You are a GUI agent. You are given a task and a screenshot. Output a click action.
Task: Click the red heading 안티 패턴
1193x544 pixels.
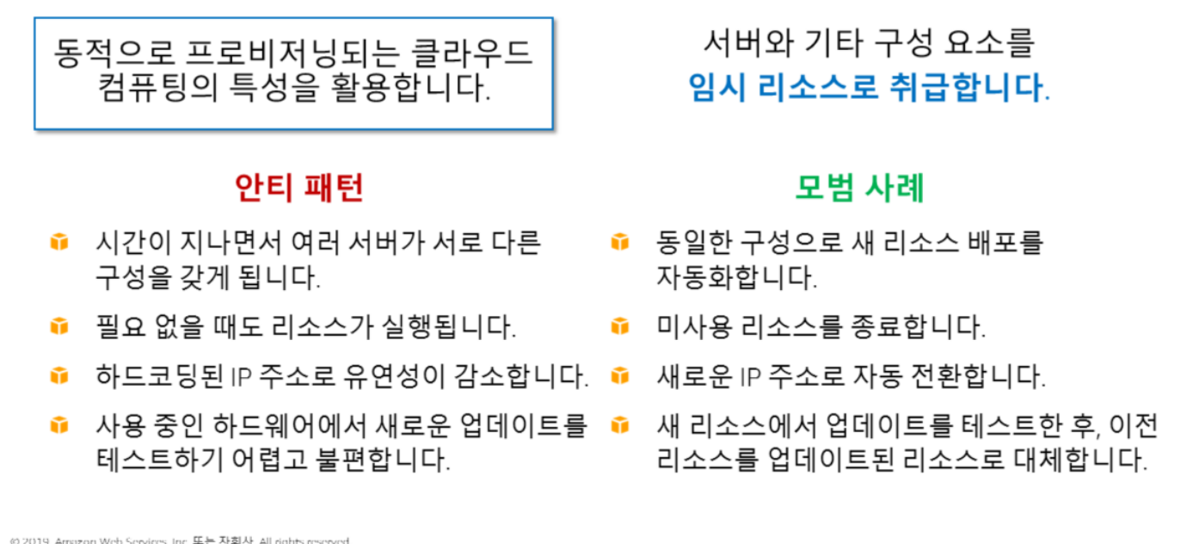[299, 188]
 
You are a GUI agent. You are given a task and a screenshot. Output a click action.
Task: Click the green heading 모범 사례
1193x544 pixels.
[858, 188]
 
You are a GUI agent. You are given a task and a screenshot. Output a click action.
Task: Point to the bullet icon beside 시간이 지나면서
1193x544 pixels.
[58, 242]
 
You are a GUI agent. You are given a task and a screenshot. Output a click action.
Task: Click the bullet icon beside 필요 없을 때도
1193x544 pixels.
[58, 326]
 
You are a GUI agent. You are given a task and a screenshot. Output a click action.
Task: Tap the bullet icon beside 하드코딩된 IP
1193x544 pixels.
[58, 376]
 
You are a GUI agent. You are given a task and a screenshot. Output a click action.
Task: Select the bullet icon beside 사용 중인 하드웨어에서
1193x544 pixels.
[58, 425]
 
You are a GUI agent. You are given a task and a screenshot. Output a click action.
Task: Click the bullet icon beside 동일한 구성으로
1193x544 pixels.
[619, 242]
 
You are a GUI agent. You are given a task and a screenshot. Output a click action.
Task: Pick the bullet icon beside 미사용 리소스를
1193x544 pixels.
[619, 326]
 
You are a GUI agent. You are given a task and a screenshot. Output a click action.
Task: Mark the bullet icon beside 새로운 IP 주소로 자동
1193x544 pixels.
[619, 376]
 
